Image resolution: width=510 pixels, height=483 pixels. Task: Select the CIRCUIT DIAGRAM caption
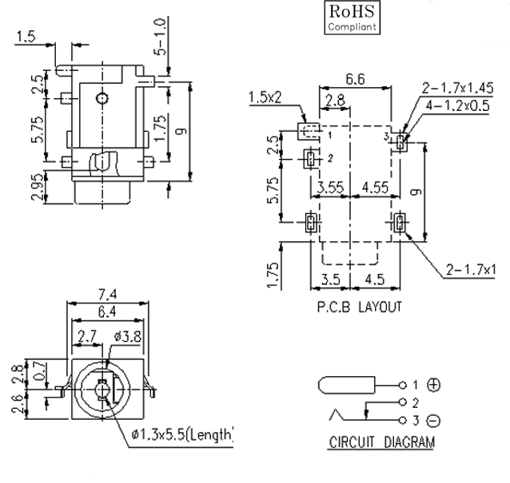pyautogui.click(x=383, y=441)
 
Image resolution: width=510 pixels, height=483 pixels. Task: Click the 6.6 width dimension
pyautogui.click(x=357, y=78)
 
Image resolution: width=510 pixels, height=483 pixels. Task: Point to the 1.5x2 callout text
pyautogui.click(x=266, y=97)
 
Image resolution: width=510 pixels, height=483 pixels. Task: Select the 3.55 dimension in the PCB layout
pyautogui.click(x=330, y=188)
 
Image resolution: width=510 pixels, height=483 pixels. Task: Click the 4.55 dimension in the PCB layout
pyautogui.click(x=374, y=188)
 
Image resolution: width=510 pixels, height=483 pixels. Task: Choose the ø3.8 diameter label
pyautogui.click(x=129, y=337)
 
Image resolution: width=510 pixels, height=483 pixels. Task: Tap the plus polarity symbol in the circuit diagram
pyautogui.click(x=434, y=385)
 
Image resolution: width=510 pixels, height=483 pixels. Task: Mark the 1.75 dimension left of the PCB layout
pyautogui.click(x=274, y=273)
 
